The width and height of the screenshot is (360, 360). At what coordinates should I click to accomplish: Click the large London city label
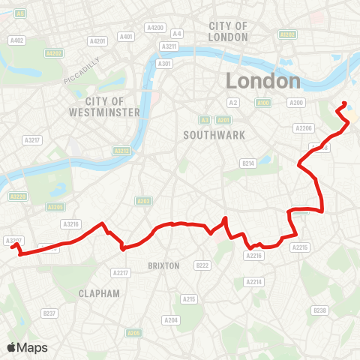(263, 80)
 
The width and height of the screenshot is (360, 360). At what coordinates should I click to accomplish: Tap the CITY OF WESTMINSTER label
(114, 106)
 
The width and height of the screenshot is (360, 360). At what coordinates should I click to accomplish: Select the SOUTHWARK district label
(204, 135)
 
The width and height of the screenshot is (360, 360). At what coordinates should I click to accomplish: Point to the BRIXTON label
(163, 265)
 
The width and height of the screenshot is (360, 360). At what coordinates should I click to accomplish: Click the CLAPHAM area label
(99, 293)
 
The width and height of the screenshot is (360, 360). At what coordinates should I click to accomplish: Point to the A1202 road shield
(286, 34)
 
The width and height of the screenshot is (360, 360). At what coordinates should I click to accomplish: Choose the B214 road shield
(248, 163)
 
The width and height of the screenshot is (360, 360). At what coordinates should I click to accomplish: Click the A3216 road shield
(71, 223)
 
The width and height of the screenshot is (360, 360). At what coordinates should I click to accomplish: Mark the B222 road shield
(202, 265)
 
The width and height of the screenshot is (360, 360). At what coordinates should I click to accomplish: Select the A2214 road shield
(255, 282)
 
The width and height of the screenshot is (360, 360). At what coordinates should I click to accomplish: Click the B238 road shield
(320, 310)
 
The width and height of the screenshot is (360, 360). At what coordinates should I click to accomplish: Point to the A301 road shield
(164, 64)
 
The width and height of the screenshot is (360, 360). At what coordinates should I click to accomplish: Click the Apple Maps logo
(26, 347)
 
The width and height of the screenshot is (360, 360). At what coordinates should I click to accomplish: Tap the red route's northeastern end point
(344, 103)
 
